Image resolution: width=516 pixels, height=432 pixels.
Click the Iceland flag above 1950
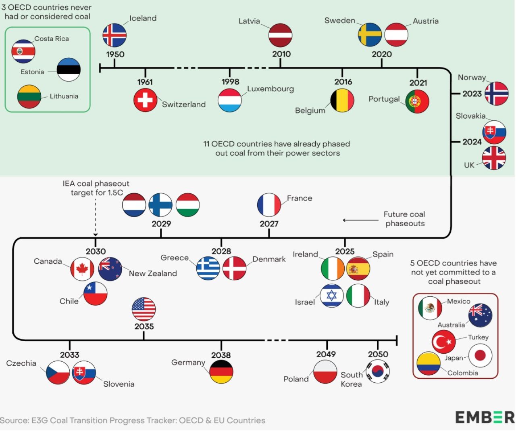pos(114,35)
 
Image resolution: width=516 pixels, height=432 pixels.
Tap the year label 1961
pos(145,82)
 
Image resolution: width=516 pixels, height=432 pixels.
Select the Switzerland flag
pos(145,100)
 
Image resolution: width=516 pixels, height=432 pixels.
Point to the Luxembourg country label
pos(270,89)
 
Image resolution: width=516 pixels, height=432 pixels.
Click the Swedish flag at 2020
pos(370,35)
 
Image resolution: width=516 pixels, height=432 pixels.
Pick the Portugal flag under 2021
pos(417,101)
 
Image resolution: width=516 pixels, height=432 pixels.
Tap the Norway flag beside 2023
pos(496,94)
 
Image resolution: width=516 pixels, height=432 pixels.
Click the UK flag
pos(494,158)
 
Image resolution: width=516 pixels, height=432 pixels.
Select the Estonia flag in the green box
pos(69,69)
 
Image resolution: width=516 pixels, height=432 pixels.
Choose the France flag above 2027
pos(269,205)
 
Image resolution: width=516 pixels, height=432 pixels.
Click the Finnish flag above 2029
pos(160,205)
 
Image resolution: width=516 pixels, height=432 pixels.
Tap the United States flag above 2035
pos(144,309)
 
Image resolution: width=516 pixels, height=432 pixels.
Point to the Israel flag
pos(332,296)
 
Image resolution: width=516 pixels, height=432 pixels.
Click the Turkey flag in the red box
pos(443,342)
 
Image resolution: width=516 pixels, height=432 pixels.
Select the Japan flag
pos(480,356)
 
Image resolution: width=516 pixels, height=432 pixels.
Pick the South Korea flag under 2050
pos(378,371)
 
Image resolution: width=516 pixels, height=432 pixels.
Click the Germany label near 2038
pos(188,363)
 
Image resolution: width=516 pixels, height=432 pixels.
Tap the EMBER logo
pos(485,417)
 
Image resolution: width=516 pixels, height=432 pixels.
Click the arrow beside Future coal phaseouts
pos(360,220)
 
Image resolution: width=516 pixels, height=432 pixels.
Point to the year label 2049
pos(326,354)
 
